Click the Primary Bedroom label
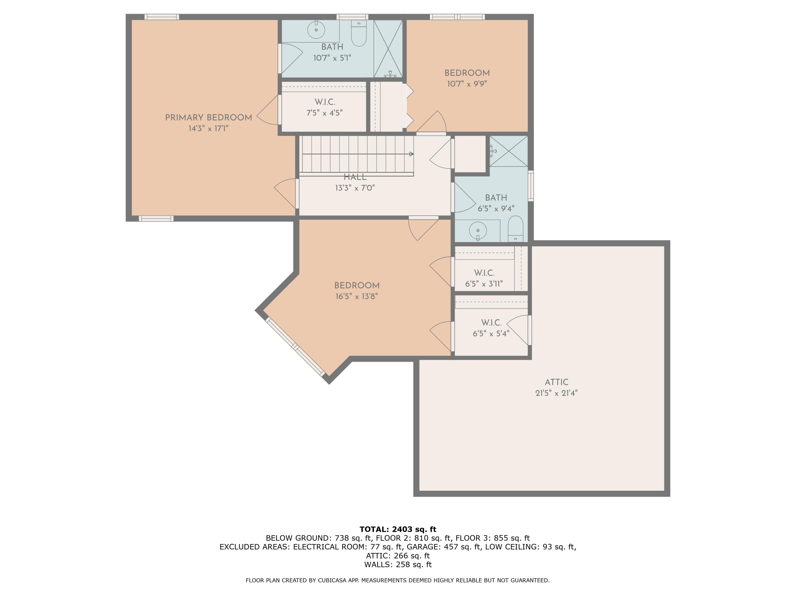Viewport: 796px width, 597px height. tap(208, 118)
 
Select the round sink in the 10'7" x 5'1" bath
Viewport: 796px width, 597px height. tap(316, 29)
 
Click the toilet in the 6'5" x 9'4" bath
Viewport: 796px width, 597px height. tap(515, 229)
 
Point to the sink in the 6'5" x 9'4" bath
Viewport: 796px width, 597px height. tap(478, 231)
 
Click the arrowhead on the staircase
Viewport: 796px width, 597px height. tap(411, 154)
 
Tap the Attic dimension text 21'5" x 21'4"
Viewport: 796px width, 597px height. tap(556, 393)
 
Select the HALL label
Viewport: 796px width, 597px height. tap(355, 177)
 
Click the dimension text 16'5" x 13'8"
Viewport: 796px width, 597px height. tap(357, 297)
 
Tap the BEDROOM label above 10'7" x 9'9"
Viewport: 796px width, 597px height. tap(467, 73)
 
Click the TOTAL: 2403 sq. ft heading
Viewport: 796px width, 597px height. tap(398, 529)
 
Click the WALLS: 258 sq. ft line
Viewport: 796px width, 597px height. tap(398, 564)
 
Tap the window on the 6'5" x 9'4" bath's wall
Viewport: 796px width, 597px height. tap(531, 186)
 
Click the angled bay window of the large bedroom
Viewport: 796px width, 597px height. tap(295, 347)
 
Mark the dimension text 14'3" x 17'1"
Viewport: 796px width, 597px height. tap(208, 128)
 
